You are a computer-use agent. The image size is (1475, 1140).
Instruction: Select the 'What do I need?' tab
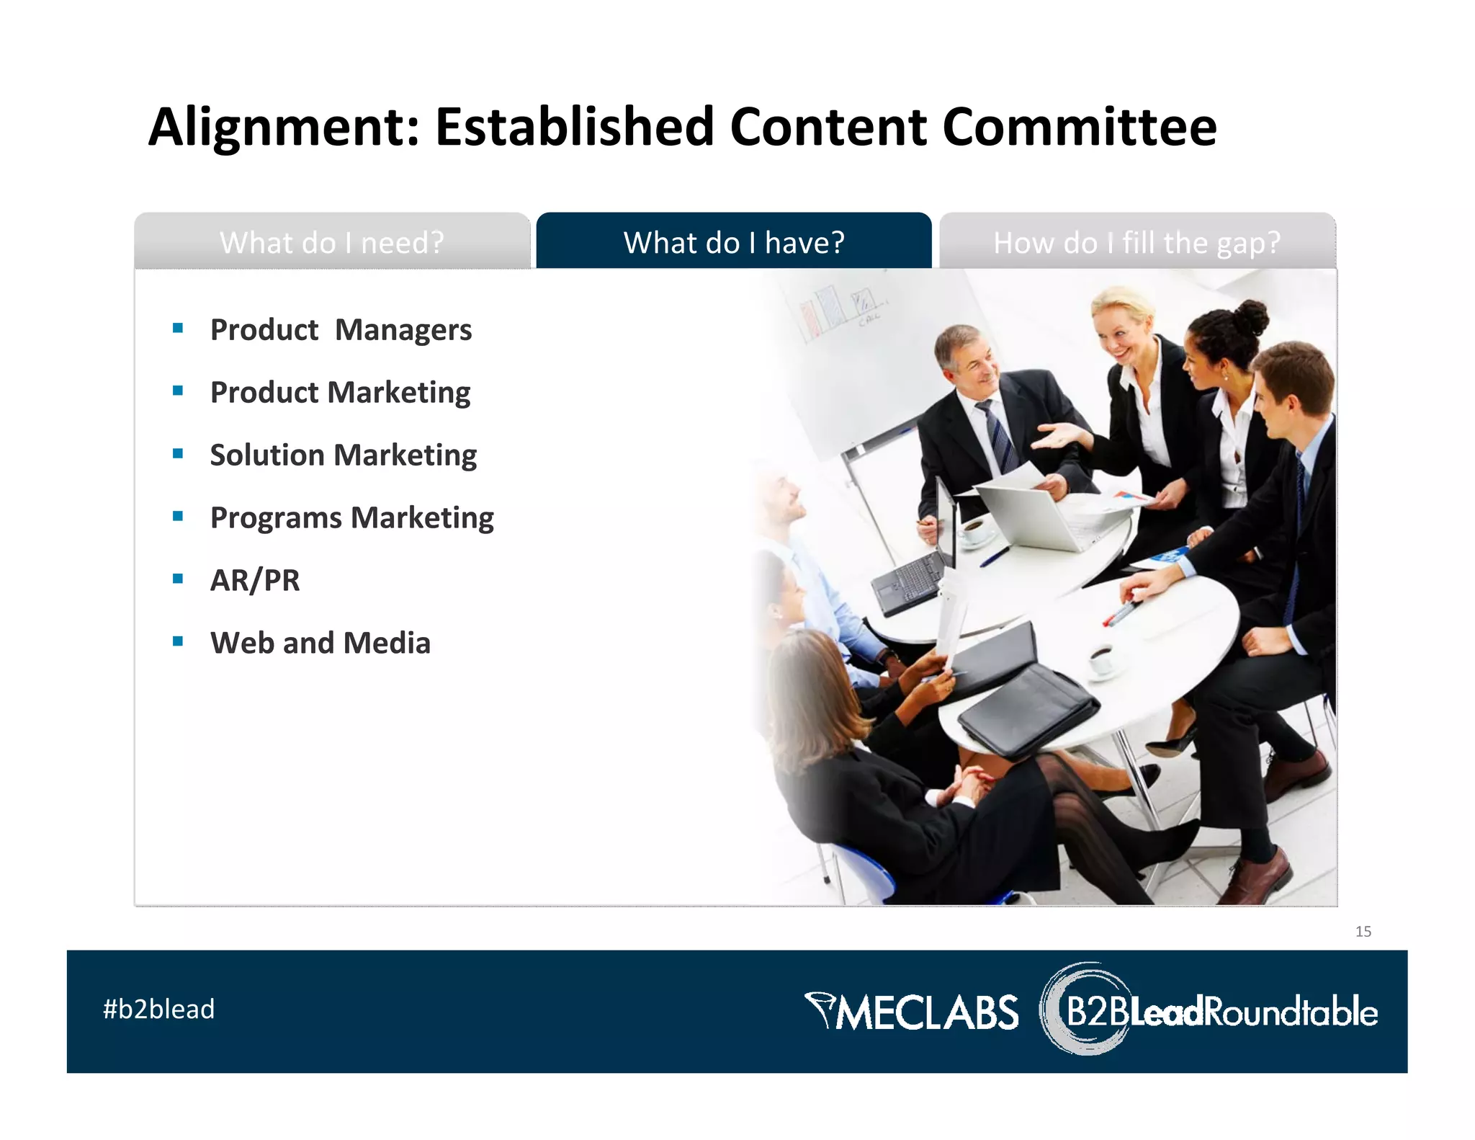click(x=332, y=242)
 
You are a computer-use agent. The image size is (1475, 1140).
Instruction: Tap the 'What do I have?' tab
click(x=733, y=242)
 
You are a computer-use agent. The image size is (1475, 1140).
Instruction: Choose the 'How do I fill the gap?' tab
click(x=1136, y=242)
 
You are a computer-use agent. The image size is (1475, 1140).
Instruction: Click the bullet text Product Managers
click(x=341, y=330)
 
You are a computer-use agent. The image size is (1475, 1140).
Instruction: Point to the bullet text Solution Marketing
click(x=343, y=455)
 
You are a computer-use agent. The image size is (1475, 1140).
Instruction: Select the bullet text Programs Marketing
click(x=351, y=518)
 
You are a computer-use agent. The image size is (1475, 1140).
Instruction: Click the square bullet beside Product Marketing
click(x=178, y=391)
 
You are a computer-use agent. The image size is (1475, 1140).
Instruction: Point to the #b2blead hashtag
click(x=158, y=1009)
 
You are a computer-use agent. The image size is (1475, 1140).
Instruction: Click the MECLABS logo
click(x=912, y=1011)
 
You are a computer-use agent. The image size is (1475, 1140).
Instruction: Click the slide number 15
click(x=1363, y=932)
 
